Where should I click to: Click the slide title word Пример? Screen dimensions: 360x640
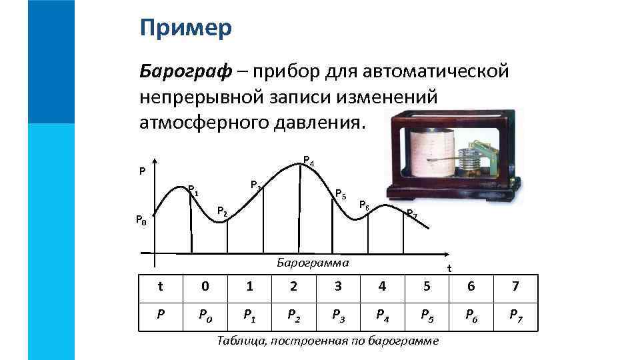(186, 28)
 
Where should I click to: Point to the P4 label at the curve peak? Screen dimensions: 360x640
(308, 161)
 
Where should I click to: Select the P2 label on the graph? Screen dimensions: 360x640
(223, 212)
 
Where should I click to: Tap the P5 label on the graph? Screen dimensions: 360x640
(340, 195)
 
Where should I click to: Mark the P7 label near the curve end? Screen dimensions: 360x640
(412, 214)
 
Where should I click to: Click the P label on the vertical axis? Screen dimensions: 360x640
(142, 171)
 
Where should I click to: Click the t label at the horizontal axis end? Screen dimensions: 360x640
(449, 269)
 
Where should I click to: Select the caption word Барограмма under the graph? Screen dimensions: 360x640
(313, 263)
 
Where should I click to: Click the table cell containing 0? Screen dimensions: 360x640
(205, 287)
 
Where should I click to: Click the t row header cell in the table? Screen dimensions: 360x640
(160, 287)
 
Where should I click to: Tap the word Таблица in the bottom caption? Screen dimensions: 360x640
(240, 341)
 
